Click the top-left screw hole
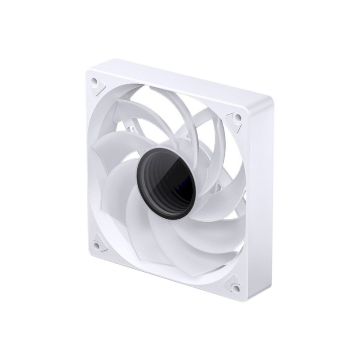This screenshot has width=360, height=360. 94,83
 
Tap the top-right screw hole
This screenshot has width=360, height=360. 237,118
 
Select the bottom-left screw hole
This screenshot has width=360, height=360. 97,245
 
